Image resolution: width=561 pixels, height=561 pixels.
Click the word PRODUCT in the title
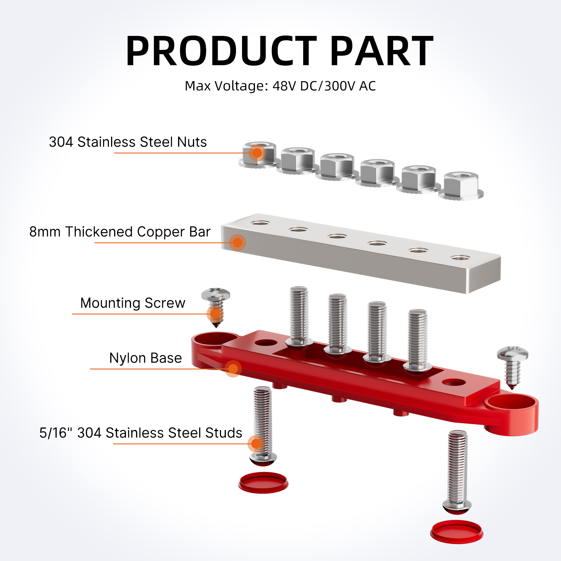221,51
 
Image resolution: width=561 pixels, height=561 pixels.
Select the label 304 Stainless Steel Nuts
128,142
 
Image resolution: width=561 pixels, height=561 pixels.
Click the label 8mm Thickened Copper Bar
120,232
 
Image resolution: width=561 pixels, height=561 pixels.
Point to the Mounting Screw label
133,303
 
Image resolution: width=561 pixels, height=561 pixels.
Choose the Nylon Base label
146,358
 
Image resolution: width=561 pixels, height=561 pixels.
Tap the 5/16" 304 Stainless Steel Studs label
141,433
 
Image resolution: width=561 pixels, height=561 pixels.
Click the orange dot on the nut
257,153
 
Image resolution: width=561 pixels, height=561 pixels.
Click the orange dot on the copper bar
238,242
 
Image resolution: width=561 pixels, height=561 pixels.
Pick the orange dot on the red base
233,369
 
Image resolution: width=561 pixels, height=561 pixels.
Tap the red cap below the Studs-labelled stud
263,482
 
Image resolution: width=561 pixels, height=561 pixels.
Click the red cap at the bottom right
456,531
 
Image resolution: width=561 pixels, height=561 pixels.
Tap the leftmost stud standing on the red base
299,315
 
